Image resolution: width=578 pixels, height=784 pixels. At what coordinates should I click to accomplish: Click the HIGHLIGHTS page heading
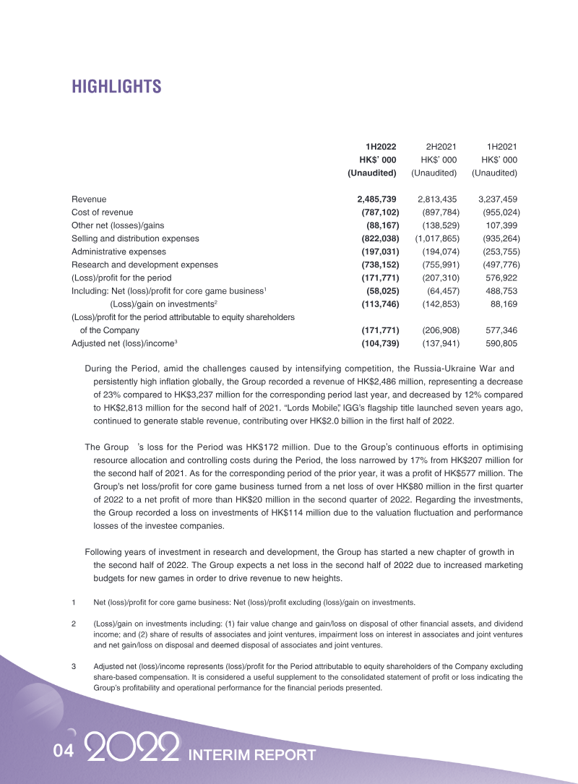tap(116, 87)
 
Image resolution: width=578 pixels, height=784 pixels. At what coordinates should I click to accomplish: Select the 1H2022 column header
tap(380, 146)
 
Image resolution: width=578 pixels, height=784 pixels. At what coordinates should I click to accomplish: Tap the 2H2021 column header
tap(440, 146)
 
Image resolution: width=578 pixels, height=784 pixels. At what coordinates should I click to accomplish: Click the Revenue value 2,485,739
tap(378, 199)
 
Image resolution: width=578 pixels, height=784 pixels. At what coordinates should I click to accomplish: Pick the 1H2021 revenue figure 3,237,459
tap(498, 199)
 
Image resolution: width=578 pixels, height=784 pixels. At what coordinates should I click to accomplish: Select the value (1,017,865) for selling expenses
tap(437, 238)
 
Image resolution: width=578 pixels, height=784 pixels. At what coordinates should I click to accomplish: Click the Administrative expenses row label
tap(118, 251)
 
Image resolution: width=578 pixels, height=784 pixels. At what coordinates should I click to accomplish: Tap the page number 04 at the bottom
tap(64, 752)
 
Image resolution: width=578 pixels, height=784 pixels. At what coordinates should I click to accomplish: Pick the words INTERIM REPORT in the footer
tap(251, 755)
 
